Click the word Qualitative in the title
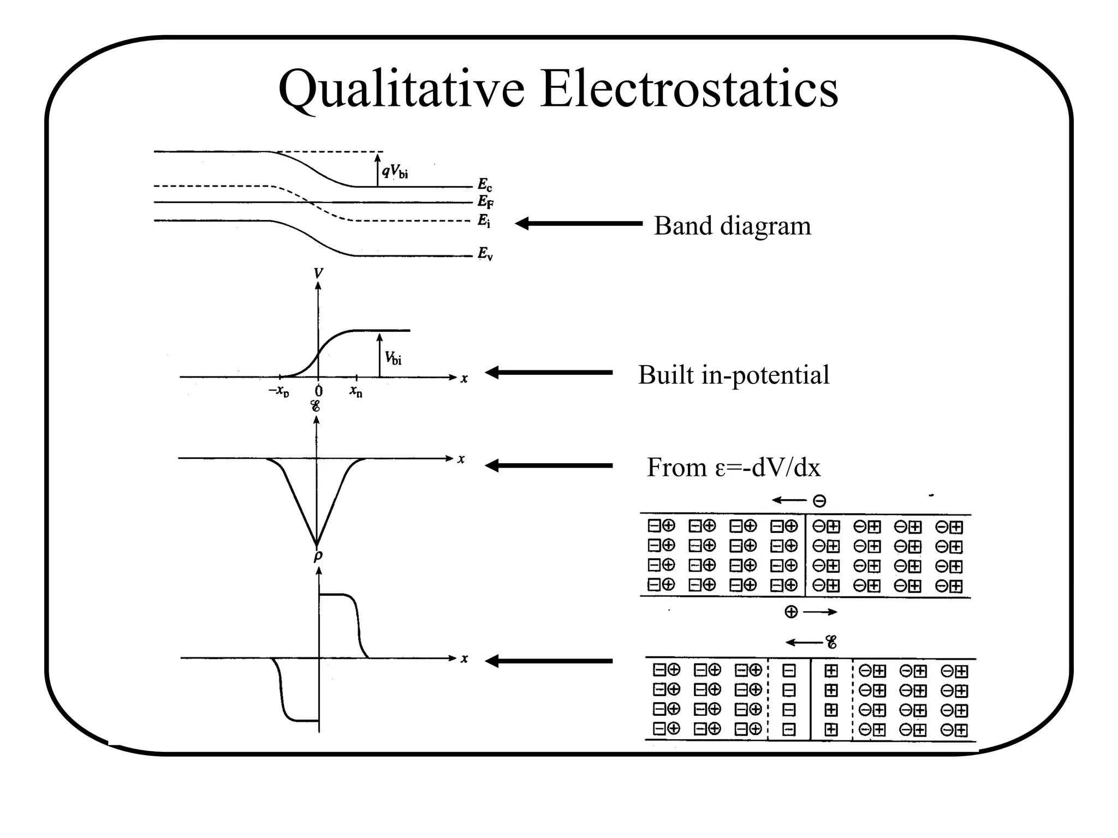click(x=401, y=89)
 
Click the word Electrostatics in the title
click(x=689, y=89)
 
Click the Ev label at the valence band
click(x=485, y=254)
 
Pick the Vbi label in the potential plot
click(x=393, y=358)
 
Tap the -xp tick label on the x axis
click(x=279, y=391)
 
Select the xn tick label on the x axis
click(x=356, y=391)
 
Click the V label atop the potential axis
click(x=318, y=273)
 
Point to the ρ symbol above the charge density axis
click(x=318, y=556)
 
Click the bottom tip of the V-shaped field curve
click(x=317, y=543)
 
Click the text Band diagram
click(x=732, y=226)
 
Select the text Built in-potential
click(x=733, y=375)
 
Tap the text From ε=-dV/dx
click(x=733, y=468)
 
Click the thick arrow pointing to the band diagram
click(x=579, y=223)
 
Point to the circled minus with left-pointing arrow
click(x=819, y=501)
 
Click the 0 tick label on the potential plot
click(x=319, y=391)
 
